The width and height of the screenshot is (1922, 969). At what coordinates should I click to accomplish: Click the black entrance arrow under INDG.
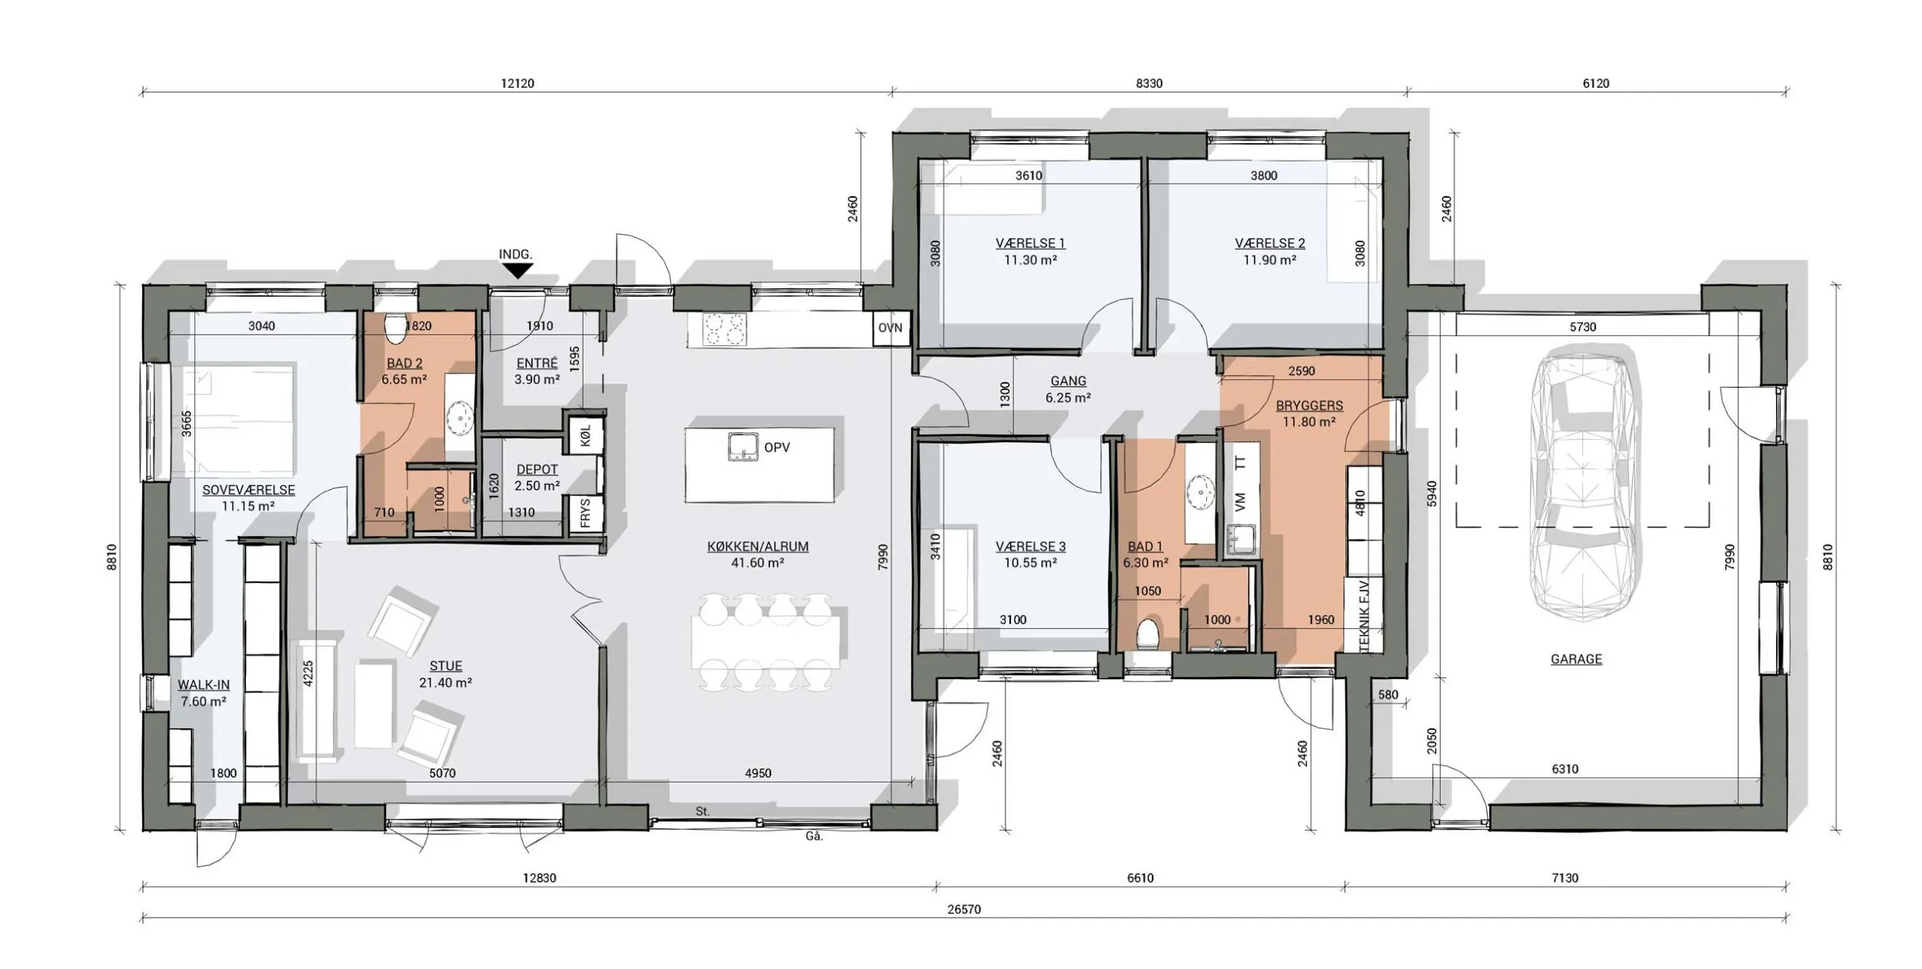[x=519, y=270]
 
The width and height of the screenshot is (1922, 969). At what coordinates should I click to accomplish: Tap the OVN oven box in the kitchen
[x=890, y=328]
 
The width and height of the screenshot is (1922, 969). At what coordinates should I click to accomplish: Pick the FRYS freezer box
[x=585, y=513]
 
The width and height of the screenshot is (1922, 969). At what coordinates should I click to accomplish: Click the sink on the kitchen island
[x=743, y=447]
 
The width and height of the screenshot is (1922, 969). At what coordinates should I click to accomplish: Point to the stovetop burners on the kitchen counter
[x=724, y=330]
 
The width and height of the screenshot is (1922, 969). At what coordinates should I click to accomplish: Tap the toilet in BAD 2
[x=396, y=328]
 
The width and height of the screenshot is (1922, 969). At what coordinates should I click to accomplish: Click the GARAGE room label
[x=1576, y=659]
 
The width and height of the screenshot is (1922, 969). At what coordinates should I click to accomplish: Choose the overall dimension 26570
[x=964, y=909]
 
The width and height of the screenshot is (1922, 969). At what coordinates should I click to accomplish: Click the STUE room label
[x=446, y=666]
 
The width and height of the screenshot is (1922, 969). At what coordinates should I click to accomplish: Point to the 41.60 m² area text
[x=758, y=563]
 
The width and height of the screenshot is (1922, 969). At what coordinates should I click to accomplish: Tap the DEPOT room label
[x=537, y=469]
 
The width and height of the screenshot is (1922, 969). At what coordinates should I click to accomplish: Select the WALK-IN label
[x=204, y=684]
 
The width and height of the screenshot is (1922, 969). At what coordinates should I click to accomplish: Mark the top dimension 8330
[x=1149, y=83]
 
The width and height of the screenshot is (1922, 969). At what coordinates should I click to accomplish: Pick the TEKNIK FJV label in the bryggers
[x=1365, y=614]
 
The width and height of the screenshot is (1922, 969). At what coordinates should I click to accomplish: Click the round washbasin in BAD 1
[x=1201, y=489]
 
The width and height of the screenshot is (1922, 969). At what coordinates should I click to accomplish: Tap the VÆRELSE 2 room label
[x=1270, y=243]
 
